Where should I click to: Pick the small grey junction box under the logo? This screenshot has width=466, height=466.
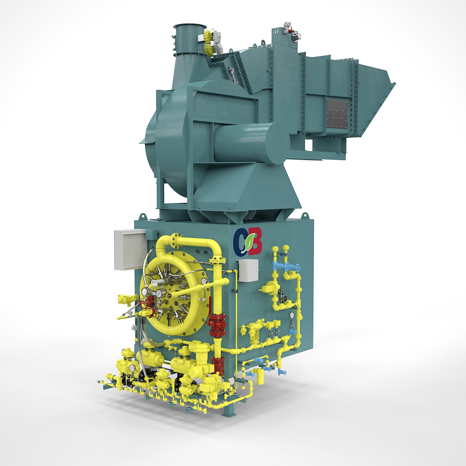(x=248, y=270)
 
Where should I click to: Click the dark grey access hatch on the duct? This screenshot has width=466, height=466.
(x=337, y=114)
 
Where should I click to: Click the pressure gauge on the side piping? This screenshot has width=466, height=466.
(x=291, y=315)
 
